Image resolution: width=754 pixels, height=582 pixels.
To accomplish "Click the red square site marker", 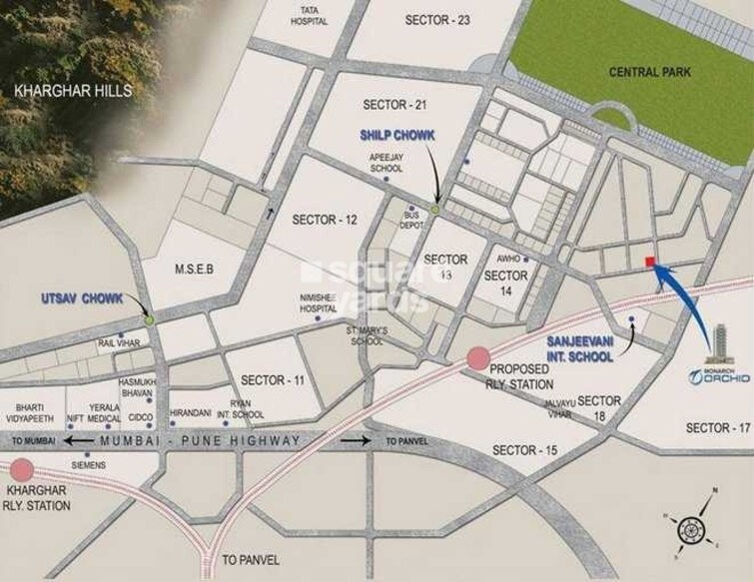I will tap(649, 262).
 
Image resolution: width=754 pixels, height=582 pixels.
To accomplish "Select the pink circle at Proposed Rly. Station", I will tap(478, 357).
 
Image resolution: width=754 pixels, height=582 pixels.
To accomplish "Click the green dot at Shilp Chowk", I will tap(435, 210).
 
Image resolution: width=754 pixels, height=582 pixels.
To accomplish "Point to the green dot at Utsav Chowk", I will tap(149, 320).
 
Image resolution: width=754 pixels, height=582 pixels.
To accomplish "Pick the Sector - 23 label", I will tap(437, 20).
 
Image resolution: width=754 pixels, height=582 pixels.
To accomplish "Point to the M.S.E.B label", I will tap(195, 269).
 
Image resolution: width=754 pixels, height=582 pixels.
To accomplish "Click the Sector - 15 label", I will tap(524, 451).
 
